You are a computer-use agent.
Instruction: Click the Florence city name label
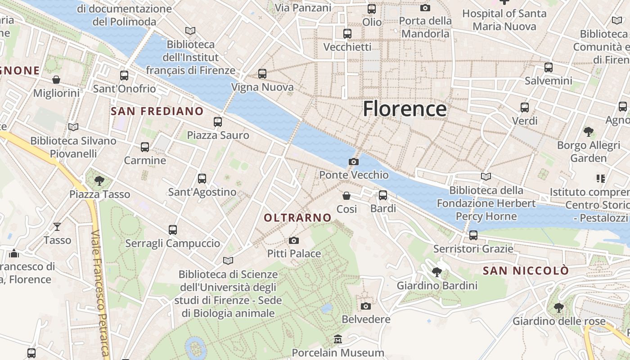click(x=405, y=109)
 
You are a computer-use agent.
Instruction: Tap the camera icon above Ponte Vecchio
click(x=354, y=162)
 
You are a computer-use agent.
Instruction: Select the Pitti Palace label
click(x=294, y=253)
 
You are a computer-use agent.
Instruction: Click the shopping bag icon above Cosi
click(x=346, y=196)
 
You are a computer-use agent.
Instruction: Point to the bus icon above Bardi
click(x=383, y=195)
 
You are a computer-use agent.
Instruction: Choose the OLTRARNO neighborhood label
click(x=297, y=218)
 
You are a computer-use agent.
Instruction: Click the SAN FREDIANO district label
click(x=157, y=111)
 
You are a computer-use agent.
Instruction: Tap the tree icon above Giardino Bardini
click(x=436, y=272)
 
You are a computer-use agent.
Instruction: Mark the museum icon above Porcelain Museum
click(x=338, y=339)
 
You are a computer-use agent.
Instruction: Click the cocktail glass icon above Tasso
click(x=57, y=226)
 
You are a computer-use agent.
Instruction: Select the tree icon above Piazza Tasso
click(x=99, y=181)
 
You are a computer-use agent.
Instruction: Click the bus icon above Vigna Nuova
click(x=262, y=73)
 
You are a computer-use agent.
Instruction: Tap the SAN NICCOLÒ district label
click(x=526, y=271)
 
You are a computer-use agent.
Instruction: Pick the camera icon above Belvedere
click(x=366, y=306)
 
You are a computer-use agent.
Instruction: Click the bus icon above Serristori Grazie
click(x=473, y=235)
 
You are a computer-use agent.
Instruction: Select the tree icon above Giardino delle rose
click(x=558, y=308)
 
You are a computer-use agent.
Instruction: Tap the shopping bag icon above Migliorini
click(x=56, y=80)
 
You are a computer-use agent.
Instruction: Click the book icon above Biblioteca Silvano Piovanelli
click(x=73, y=127)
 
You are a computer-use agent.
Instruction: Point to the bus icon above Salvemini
click(x=548, y=67)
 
